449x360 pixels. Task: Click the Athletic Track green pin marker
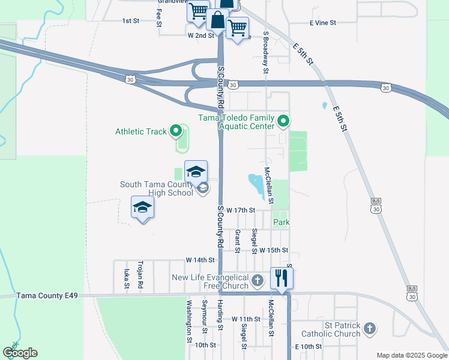pyautogui.click(x=175, y=130)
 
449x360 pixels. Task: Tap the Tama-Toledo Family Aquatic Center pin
pyautogui.click(x=284, y=122)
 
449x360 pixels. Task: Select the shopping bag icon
pyautogui.click(x=217, y=21)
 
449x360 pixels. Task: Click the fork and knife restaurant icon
pyautogui.click(x=281, y=277)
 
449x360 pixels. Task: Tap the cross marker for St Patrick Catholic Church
pyautogui.click(x=370, y=328)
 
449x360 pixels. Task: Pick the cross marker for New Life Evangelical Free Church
pyautogui.click(x=257, y=280)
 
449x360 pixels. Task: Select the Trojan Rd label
pyautogui.click(x=140, y=275)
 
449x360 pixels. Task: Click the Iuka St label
pyautogui.click(x=127, y=278)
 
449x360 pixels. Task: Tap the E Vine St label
pyautogui.click(x=323, y=22)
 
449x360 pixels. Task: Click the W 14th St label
pyautogui.click(x=200, y=260)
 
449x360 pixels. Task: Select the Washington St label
pyautogui.click(x=188, y=321)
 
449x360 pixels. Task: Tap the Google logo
pyautogui.click(x=20, y=353)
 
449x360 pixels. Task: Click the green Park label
pyautogui.click(x=282, y=222)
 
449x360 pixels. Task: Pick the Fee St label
pyautogui.click(x=159, y=17)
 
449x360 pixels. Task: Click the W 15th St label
pyautogui.click(x=274, y=250)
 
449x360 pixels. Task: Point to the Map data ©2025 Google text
pyautogui.click(x=411, y=355)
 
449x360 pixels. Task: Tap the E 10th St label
pyautogui.click(x=309, y=347)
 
